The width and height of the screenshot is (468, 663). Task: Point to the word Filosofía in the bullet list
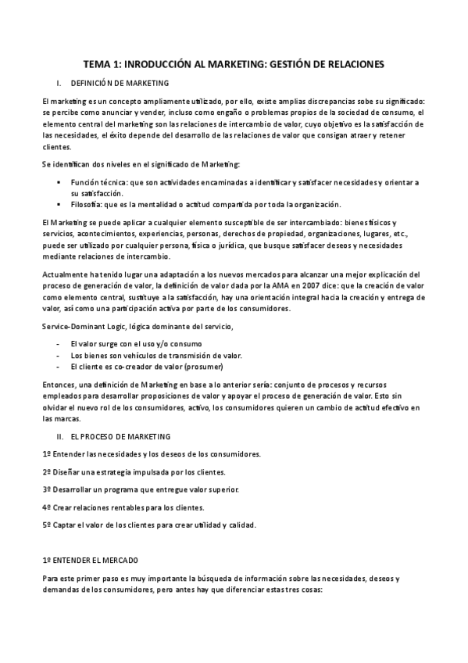coord(87,205)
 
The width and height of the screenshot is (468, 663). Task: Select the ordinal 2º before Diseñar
coord(46,471)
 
